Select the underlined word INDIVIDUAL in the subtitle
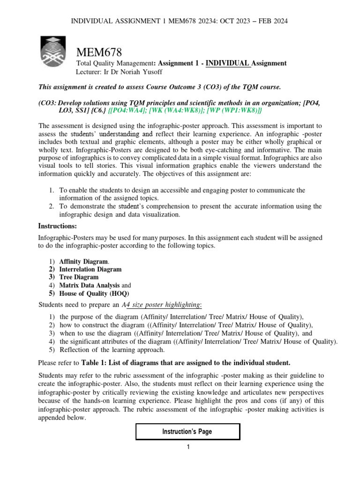[x=227, y=63]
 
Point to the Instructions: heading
[x=57, y=226]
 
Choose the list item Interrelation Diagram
[x=90, y=269]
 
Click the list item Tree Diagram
[x=79, y=277]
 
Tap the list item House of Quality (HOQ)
[x=91, y=293]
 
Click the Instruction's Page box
[x=187, y=431]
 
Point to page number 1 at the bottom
[x=187, y=447]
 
